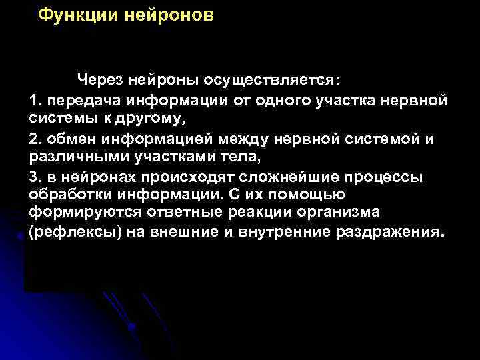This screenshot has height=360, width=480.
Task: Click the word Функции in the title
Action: (78, 15)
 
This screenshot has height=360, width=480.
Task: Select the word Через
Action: (100, 80)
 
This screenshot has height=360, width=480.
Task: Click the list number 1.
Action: (35, 100)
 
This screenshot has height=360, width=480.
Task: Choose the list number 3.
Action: (35, 177)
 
